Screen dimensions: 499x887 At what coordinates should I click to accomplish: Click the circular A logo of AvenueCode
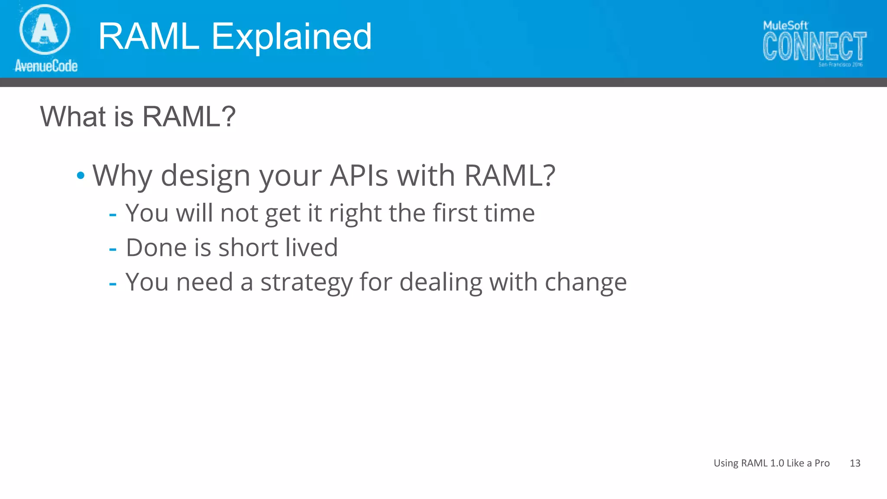click(45, 29)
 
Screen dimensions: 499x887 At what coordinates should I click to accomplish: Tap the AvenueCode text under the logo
click(46, 66)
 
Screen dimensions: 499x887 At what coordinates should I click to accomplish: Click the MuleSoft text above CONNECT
click(785, 26)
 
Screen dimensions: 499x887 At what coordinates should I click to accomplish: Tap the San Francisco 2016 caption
click(840, 65)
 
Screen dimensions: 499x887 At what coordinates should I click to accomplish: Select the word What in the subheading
click(73, 117)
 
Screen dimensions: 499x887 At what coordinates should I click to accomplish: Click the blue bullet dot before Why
click(81, 176)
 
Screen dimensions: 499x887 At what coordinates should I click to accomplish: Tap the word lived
click(311, 247)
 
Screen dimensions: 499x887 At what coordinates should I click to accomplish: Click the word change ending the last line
click(585, 282)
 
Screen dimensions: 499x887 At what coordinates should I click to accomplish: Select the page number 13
click(855, 463)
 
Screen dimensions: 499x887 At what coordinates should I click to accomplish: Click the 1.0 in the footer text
click(777, 463)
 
